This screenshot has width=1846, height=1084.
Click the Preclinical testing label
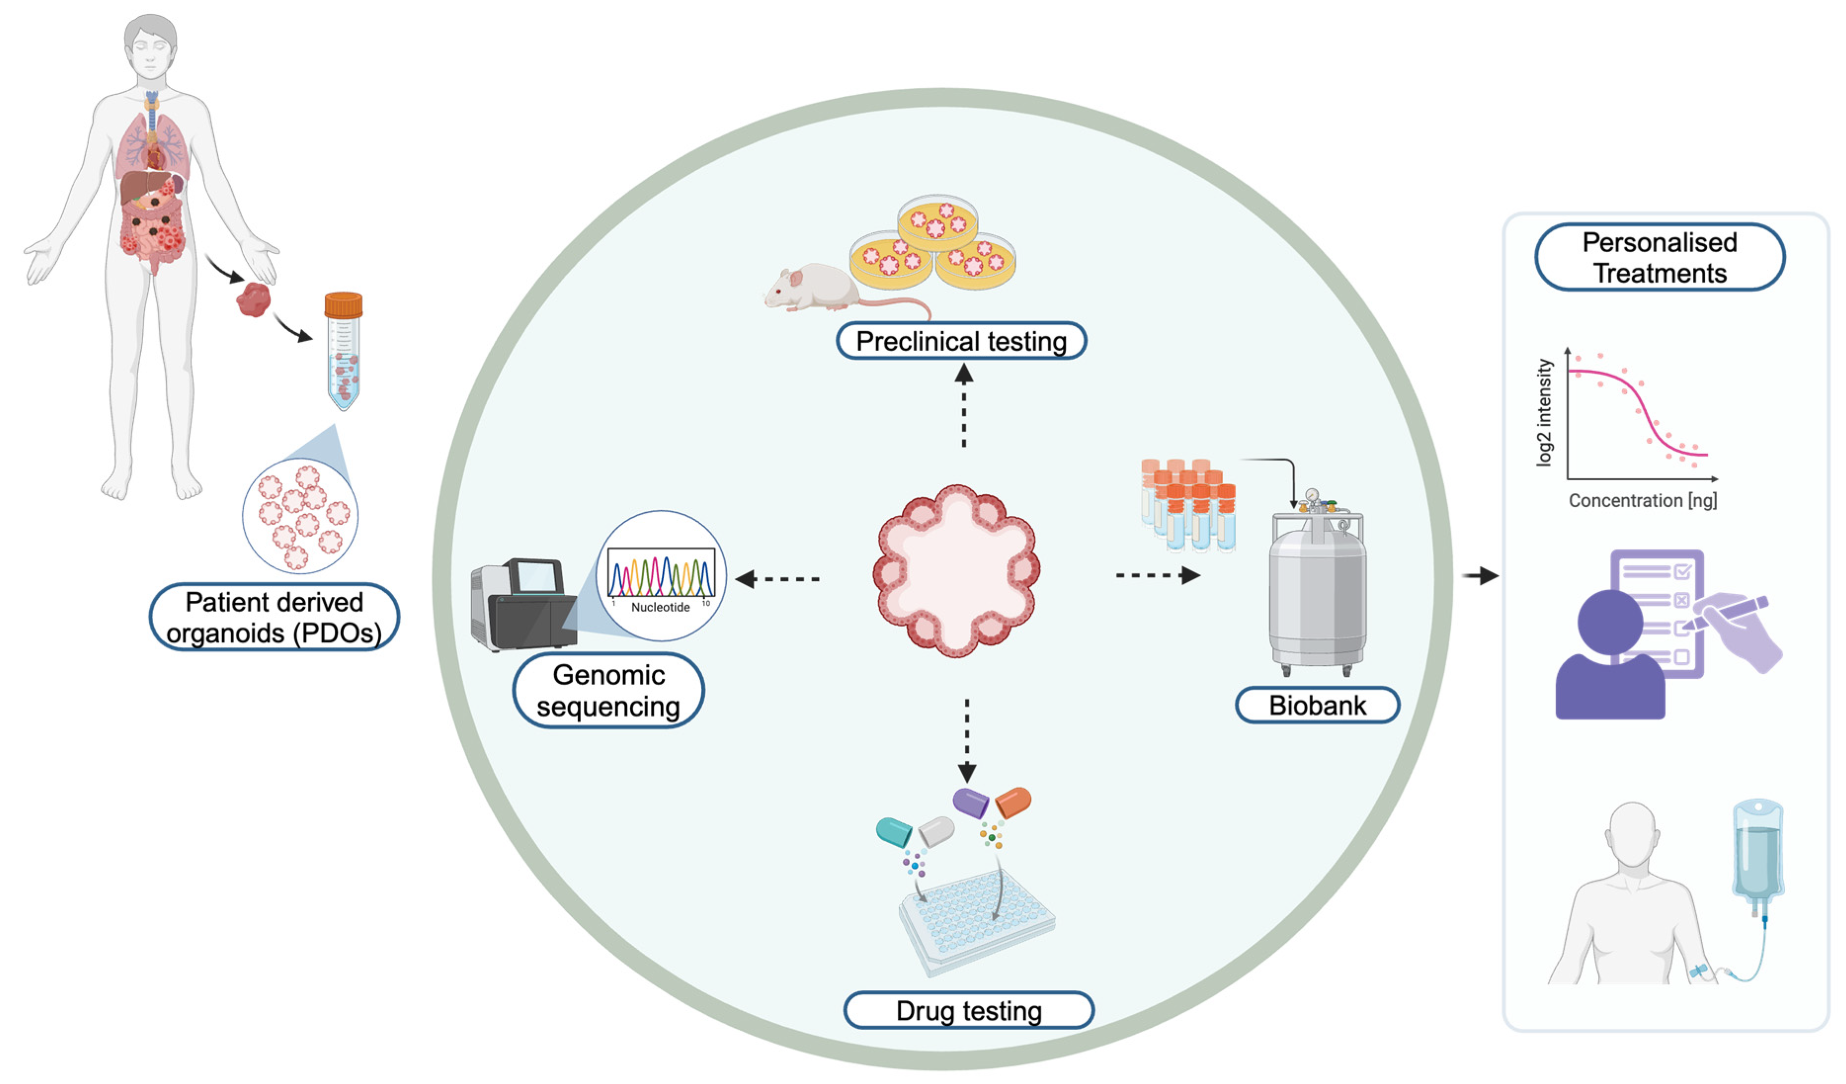[961, 341]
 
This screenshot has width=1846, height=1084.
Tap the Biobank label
[1317, 705]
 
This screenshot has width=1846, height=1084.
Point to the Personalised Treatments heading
[1659, 257]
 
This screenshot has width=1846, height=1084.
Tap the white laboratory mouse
[813, 289]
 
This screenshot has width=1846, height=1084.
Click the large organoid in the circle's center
[956, 571]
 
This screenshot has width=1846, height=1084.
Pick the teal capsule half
[894, 832]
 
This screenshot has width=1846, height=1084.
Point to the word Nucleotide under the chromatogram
[660, 607]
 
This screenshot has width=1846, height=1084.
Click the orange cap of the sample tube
[343, 305]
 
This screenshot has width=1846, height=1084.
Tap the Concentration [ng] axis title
[1643, 501]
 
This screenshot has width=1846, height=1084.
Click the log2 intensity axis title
[1544, 412]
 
